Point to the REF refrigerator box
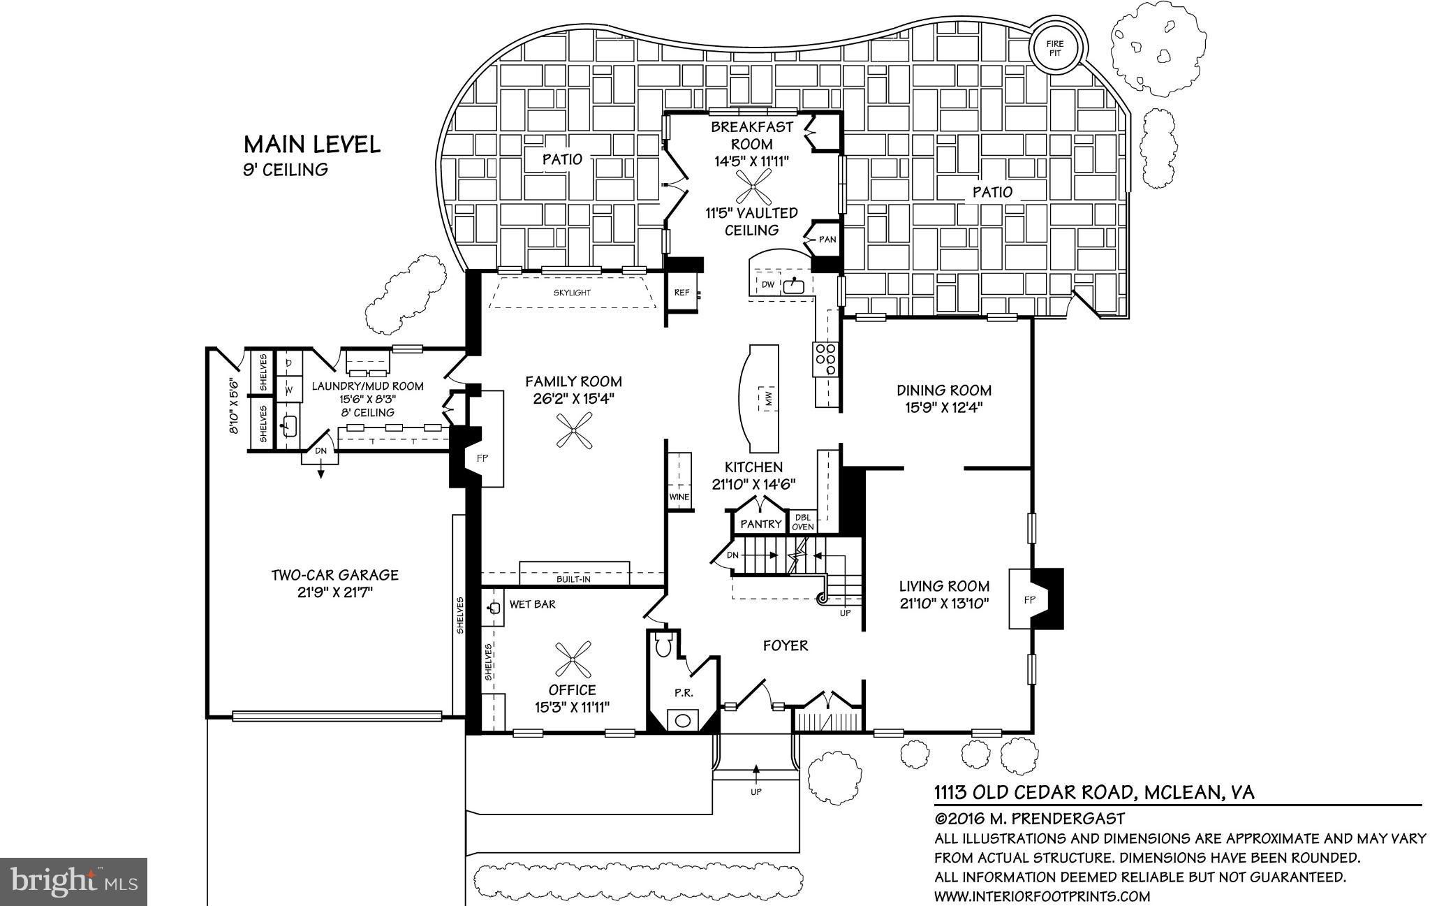(x=681, y=293)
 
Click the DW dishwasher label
(x=767, y=284)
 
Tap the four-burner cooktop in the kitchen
(x=825, y=359)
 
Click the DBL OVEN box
(x=803, y=523)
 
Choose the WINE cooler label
(x=679, y=497)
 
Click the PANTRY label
(x=760, y=524)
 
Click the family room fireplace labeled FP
(x=481, y=458)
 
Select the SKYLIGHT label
(x=572, y=293)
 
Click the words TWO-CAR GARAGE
(x=334, y=575)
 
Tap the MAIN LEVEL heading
(x=311, y=145)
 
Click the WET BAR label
(x=532, y=604)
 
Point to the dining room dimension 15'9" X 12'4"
(x=944, y=408)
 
